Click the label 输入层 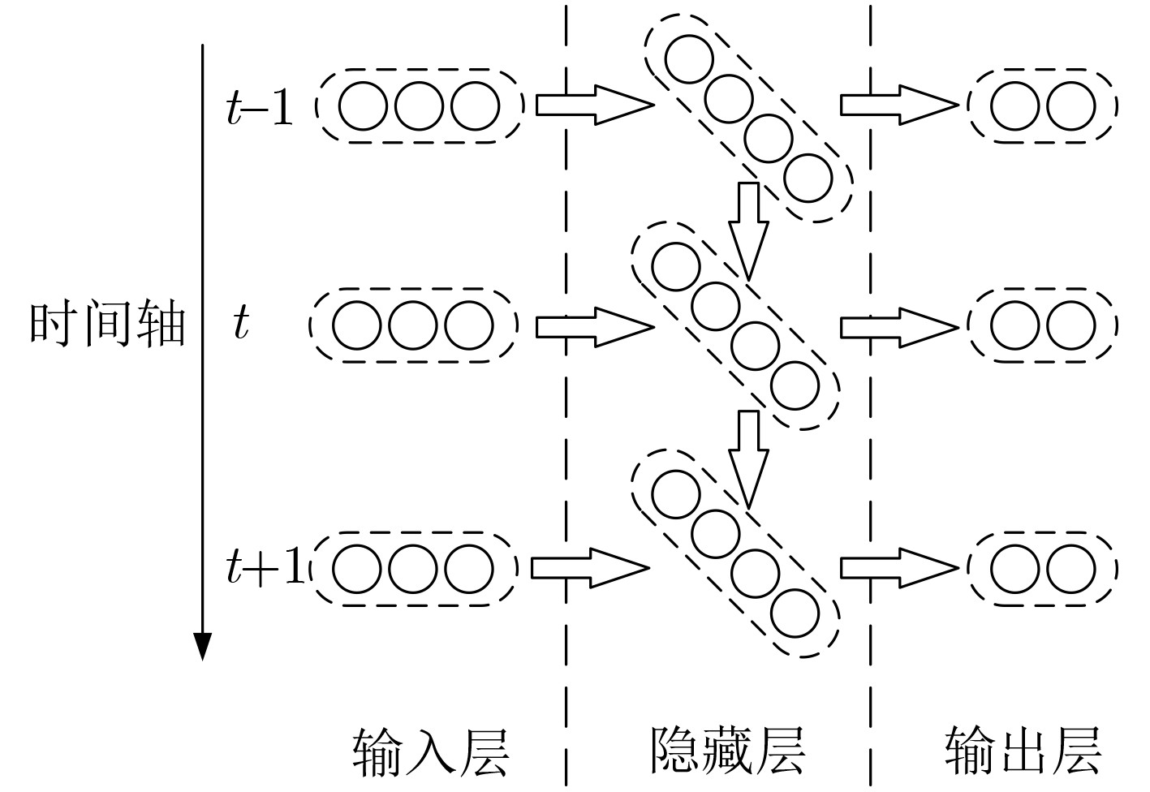430,752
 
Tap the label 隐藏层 727,751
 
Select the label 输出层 1023,751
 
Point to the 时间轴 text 107,326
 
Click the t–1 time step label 260,107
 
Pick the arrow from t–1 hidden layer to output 898,105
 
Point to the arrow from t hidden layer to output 898,327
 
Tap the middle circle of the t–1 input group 419,106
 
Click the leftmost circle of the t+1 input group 357,567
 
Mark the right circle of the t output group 1070,325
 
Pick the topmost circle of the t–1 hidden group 689,58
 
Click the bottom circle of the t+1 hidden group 795,613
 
